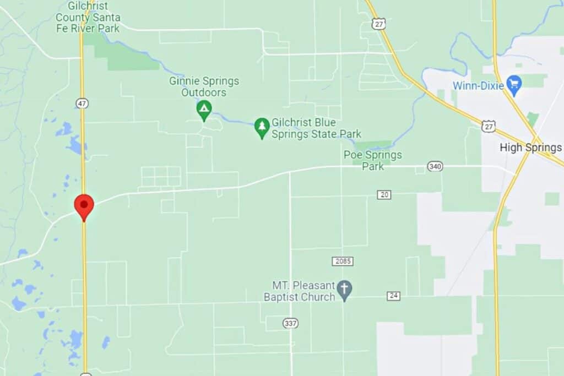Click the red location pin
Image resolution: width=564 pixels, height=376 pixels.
point(84,205)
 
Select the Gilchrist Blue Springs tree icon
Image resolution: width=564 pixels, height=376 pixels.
point(262,128)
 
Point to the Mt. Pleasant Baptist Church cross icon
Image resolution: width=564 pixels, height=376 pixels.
point(345,290)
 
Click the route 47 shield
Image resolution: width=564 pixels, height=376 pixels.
point(83,103)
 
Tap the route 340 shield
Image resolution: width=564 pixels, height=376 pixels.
point(435,166)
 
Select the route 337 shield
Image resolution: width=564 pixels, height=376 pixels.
point(291,323)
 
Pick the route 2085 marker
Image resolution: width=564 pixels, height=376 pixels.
point(342,261)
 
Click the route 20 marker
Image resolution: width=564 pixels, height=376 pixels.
point(384,194)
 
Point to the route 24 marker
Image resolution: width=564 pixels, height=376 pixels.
point(393,296)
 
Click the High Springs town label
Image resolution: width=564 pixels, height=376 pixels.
point(530,148)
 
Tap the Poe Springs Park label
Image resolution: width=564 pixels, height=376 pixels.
point(373,160)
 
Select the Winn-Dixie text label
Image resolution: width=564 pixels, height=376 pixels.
point(479,85)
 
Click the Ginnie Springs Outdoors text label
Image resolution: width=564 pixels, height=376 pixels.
point(204,87)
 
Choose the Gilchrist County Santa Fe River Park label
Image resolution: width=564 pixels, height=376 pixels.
point(88,17)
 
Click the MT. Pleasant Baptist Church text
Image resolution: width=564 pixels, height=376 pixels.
point(303,291)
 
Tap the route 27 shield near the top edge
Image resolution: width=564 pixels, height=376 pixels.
point(378,24)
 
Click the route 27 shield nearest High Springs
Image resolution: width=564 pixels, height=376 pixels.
point(489,127)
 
